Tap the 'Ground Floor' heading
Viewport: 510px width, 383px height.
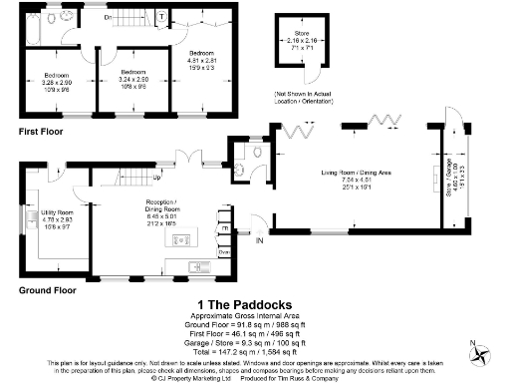[46, 290]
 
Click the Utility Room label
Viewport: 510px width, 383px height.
[56, 213]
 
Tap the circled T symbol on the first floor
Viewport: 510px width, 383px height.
[161, 17]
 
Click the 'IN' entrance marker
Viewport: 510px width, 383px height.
[261, 240]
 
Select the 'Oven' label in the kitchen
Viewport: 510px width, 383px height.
[225, 252]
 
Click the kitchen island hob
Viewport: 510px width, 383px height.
[182, 239]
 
